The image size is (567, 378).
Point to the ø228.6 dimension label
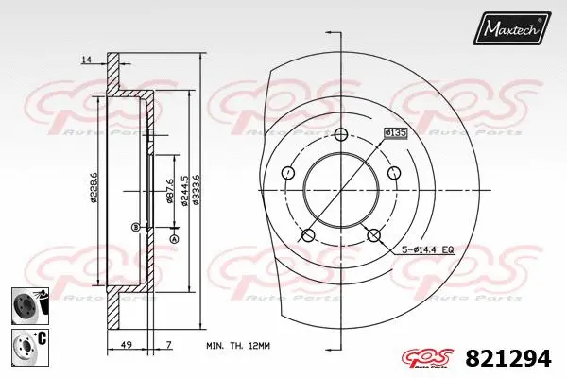coord(93,186)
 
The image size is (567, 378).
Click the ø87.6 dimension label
coord(168,191)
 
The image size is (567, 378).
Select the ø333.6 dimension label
coord(196,186)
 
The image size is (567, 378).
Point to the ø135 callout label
coord(394,132)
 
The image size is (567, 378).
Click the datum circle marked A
coord(173,239)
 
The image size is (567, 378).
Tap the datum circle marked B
coord(136,227)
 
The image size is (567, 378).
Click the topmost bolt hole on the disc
coord(340,132)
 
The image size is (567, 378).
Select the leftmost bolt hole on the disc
coord(287,173)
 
